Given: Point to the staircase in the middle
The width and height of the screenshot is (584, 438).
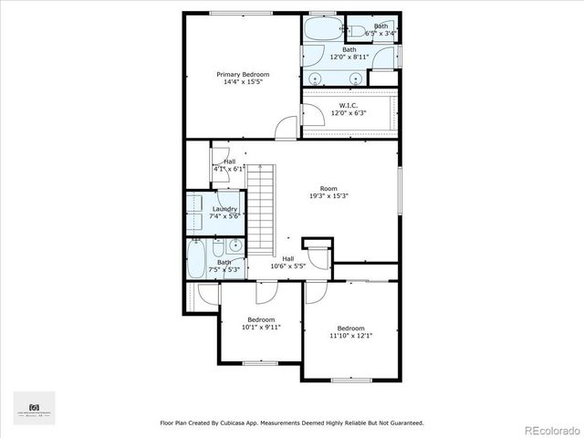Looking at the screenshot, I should click(x=263, y=210).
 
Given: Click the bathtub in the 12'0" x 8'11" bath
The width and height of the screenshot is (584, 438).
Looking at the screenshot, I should click(x=319, y=28).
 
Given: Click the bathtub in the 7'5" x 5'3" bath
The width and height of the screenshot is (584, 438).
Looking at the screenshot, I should click(x=196, y=258).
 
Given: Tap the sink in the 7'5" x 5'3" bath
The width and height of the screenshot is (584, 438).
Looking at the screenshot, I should click(x=235, y=245).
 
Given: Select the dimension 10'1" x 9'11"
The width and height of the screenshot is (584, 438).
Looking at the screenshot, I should click(x=261, y=327).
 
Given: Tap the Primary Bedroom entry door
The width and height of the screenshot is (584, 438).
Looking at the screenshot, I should click(x=287, y=129).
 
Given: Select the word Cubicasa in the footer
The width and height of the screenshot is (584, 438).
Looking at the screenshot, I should click(x=254, y=422).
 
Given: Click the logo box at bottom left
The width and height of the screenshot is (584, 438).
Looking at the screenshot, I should click(x=35, y=407).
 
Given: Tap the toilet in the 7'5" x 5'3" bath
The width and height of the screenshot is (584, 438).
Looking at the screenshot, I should click(x=217, y=249).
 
